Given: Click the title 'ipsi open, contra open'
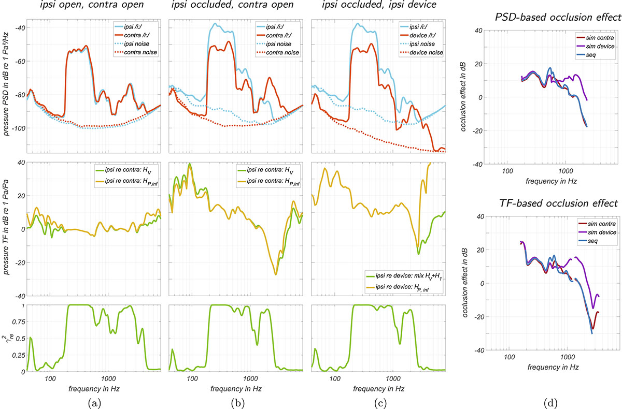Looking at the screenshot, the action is [92, 5].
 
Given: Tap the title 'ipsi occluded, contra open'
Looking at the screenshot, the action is [233, 5].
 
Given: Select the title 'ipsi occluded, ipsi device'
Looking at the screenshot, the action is [379, 5].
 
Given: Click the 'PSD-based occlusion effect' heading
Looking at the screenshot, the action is [558, 17].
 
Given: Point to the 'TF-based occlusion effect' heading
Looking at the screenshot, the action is [558, 203].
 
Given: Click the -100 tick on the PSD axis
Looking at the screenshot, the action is [18, 128].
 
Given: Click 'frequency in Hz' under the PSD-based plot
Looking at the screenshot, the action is [551, 181].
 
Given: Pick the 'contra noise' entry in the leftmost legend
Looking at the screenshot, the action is [140, 52].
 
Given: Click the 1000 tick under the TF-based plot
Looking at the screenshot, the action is [567, 357].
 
